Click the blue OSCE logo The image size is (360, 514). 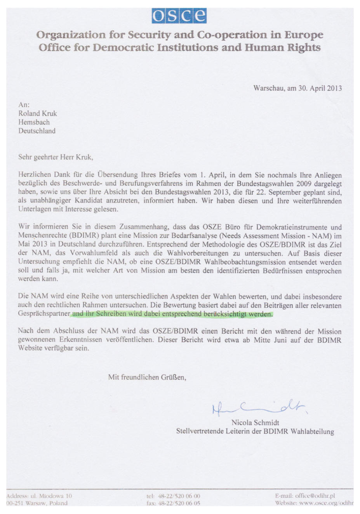(180, 16)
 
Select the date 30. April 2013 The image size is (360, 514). (320, 88)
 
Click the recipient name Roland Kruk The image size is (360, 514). (38, 113)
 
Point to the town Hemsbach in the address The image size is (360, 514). (34, 122)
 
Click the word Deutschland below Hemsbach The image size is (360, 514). (37, 131)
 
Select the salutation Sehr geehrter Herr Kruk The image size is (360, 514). (56, 157)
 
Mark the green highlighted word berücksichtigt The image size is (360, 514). (225, 314)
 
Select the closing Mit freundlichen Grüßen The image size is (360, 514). (147, 377)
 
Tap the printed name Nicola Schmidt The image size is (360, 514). (255, 422)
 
